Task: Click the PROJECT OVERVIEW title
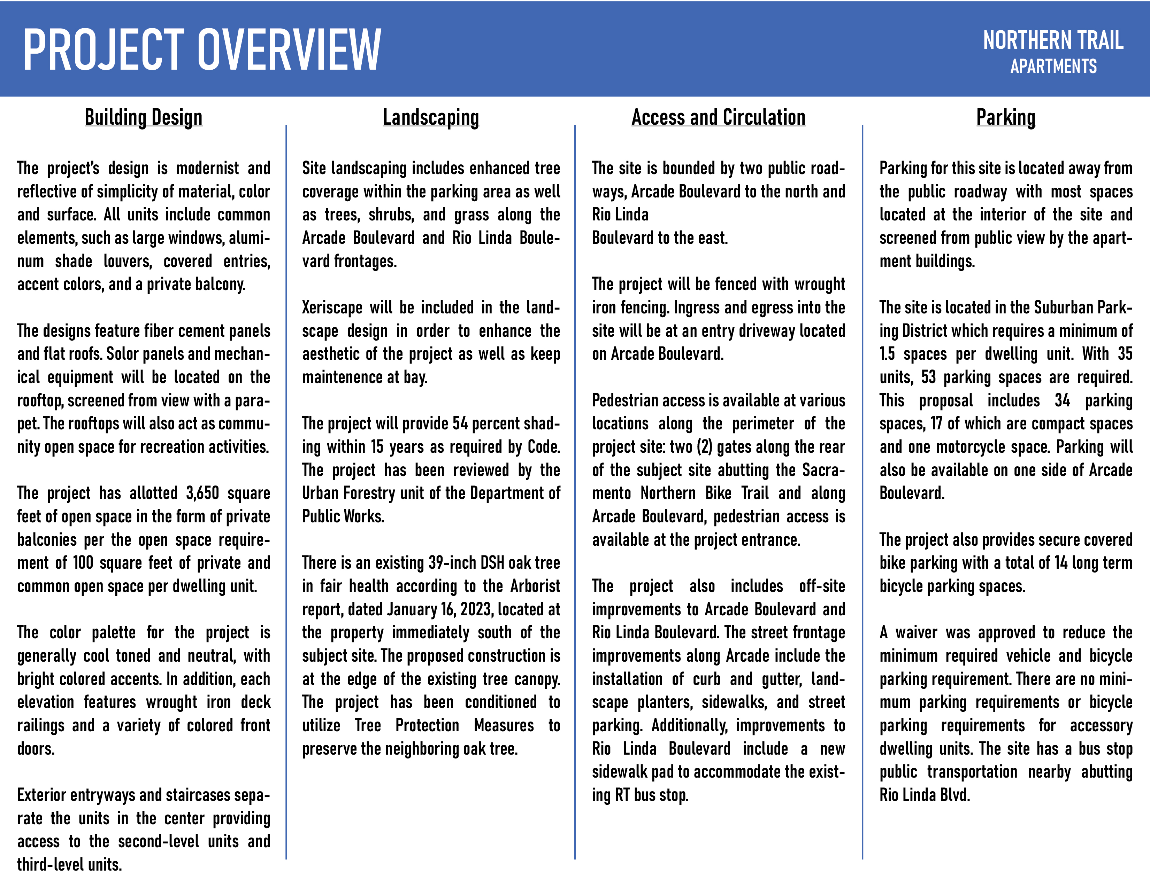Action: click(202, 50)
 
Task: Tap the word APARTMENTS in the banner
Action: click(1053, 67)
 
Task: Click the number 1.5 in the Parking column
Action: click(887, 353)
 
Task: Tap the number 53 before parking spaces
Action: click(928, 377)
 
